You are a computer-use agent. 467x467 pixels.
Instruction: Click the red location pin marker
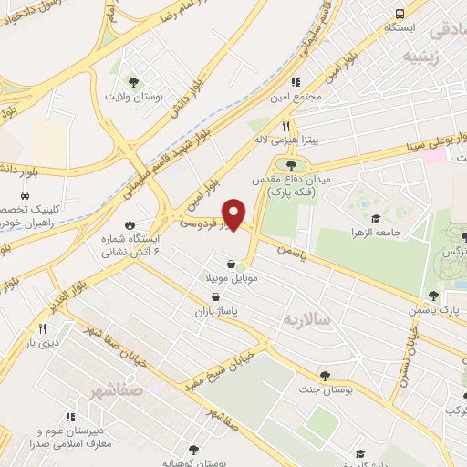click(234, 214)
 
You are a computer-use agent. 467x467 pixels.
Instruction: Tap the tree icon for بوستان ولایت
click(133, 82)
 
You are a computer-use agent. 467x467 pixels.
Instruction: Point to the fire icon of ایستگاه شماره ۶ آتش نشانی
click(130, 223)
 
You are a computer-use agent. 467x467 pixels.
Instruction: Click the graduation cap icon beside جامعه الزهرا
click(376, 218)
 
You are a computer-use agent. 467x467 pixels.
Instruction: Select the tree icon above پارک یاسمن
click(433, 295)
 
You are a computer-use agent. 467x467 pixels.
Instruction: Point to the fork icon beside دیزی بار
click(41, 328)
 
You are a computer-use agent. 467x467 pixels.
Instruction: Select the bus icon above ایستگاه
click(400, 14)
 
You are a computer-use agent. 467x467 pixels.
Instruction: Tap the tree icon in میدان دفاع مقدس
click(290, 164)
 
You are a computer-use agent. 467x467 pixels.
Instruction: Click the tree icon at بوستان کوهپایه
click(192, 450)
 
